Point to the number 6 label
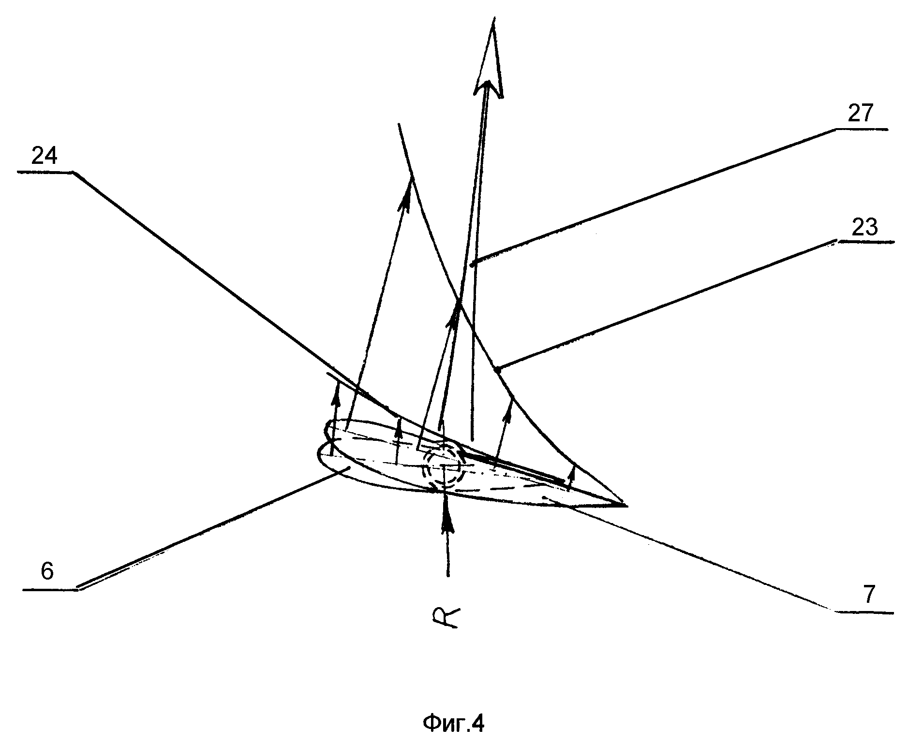47,572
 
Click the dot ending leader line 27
474,262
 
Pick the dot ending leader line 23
497,370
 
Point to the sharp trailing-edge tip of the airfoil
626,506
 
